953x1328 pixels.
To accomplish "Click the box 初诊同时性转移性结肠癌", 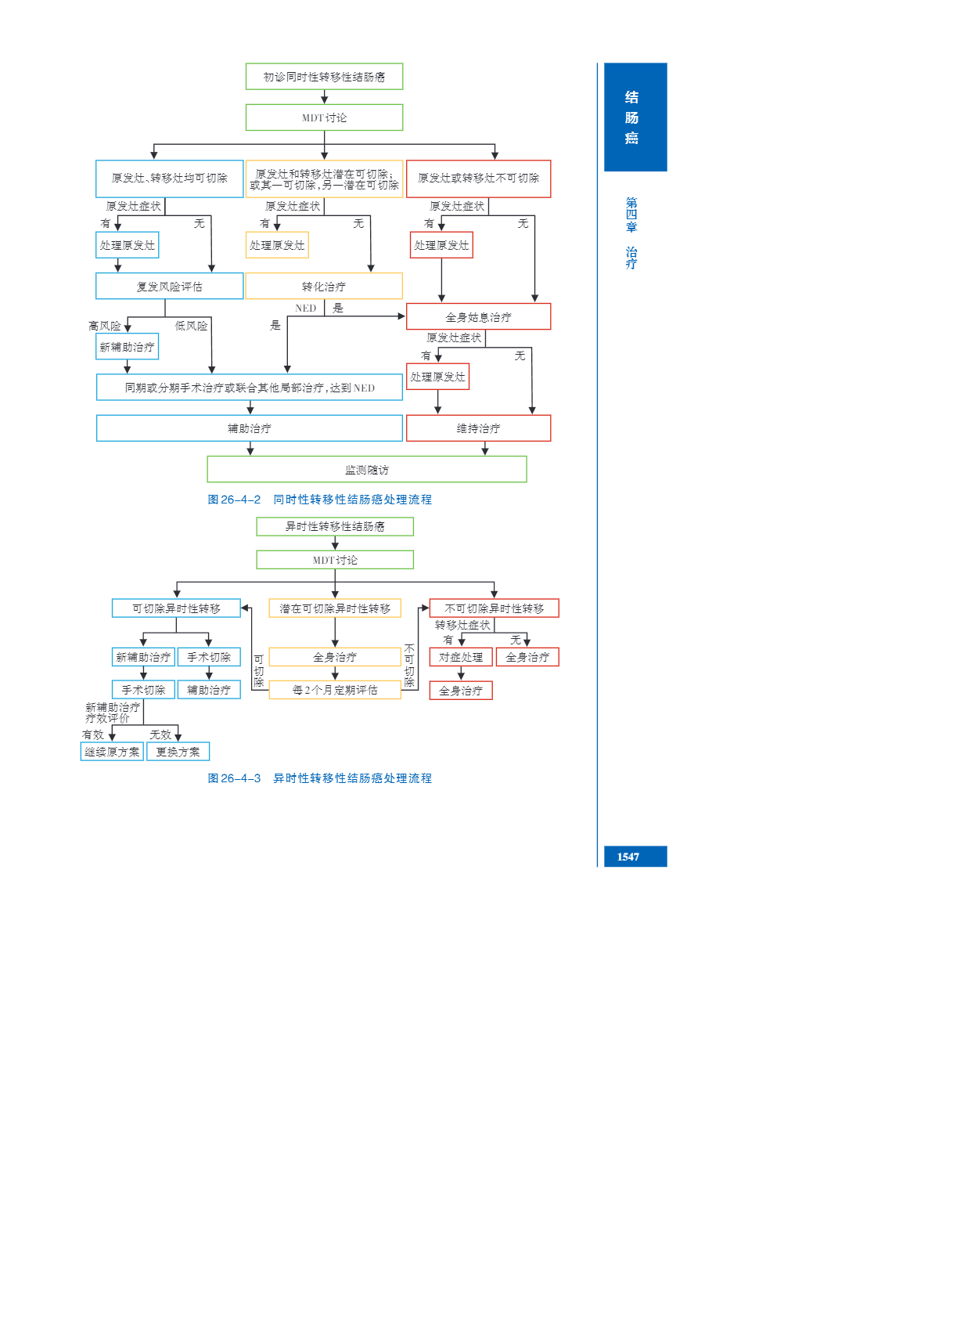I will tap(324, 77).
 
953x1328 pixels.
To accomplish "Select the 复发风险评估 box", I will tap(169, 287).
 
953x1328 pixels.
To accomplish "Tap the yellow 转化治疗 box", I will tap(324, 287).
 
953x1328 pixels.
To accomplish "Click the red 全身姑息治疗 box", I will tap(478, 317).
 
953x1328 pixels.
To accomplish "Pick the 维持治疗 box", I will tap(478, 428).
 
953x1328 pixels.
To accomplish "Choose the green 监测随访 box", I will tap(366, 470).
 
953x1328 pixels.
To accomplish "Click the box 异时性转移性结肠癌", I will tap(335, 526).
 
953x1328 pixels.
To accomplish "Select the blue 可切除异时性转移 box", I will tap(176, 608).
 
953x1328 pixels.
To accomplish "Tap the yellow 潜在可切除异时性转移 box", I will tap(335, 608).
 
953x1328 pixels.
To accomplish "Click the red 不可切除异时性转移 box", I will tap(494, 608).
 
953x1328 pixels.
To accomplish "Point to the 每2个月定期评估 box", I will tap(335, 690).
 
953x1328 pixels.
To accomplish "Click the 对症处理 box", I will tap(461, 657).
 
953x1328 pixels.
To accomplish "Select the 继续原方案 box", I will tap(112, 752).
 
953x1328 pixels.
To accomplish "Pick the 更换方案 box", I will tap(178, 752).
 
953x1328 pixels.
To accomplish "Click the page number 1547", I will tap(628, 857).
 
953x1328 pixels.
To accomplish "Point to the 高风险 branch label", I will tap(105, 326).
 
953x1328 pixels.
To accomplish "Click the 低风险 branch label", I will tap(191, 326).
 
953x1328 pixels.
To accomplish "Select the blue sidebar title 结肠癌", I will tap(631, 117).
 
